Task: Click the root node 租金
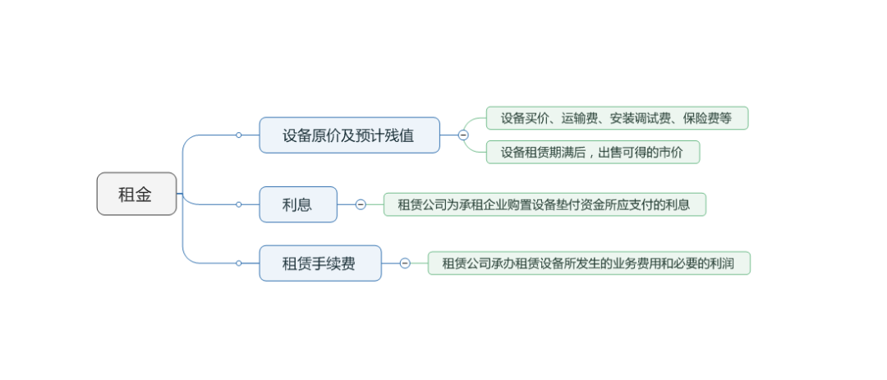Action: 136,194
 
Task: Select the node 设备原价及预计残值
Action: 349,135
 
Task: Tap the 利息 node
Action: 298,204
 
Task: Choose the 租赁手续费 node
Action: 320,263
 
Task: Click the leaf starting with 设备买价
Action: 617,118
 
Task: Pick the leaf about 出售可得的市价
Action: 593,152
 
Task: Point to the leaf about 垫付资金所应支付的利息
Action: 545,204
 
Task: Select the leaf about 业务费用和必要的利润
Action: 589,263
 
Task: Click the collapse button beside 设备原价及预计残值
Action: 463,135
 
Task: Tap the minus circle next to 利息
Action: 361,204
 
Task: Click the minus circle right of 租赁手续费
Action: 404,263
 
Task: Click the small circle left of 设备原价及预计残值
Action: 239,135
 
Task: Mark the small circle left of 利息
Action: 239,204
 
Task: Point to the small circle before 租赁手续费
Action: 239,263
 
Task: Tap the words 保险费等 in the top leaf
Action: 707,118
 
